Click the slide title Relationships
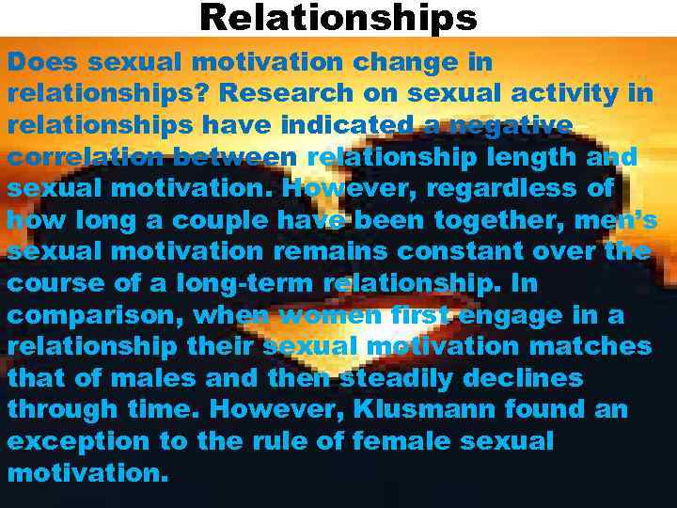338,17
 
